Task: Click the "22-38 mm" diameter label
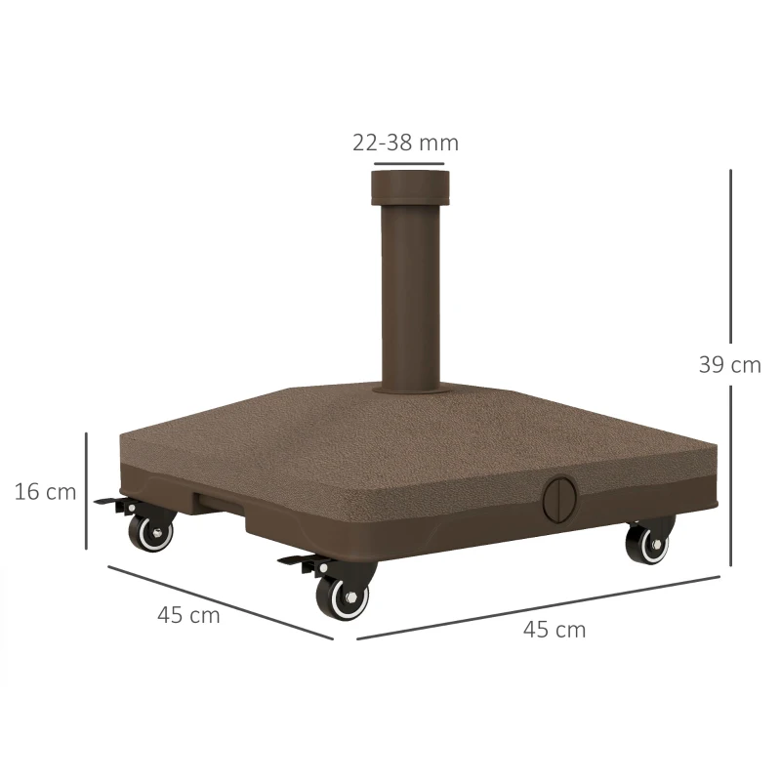pos(405,143)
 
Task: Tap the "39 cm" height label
pos(729,365)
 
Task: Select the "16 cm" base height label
pos(45,491)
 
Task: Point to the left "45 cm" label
pos(188,615)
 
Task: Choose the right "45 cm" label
pos(555,630)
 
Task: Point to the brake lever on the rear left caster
pos(111,502)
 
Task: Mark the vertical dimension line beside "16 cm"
pos(87,491)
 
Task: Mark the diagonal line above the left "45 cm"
pos(220,600)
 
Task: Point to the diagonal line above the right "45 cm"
pos(537,607)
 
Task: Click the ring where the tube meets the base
pos(410,388)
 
